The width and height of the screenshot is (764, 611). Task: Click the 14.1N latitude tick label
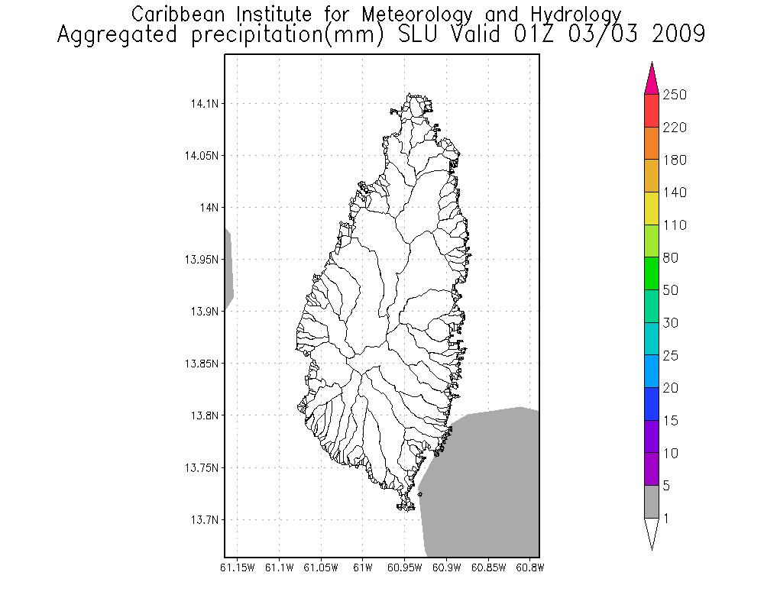coord(202,103)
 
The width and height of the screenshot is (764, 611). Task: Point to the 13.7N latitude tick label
coord(202,520)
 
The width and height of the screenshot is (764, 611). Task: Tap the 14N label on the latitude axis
coord(208,208)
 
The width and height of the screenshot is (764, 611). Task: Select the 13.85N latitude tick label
coord(200,364)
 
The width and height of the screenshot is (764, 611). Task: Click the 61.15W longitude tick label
coord(237,567)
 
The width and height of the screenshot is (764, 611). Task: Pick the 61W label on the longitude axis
coord(363,567)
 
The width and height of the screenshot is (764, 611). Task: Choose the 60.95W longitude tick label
coord(405,567)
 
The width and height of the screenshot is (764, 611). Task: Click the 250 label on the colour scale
coord(675,95)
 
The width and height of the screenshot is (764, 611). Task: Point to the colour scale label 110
coord(675,225)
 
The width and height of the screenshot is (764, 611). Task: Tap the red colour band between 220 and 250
coord(652,111)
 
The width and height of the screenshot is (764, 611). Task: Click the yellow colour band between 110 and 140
coord(652,209)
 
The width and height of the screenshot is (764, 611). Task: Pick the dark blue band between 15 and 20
coord(652,404)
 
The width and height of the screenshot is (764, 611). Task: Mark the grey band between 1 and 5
coord(652,502)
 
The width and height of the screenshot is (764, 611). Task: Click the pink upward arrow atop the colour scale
coord(652,79)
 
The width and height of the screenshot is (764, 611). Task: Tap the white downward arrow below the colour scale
coord(652,532)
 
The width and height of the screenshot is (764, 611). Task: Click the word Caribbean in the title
coord(179,14)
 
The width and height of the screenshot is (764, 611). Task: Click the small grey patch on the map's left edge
coord(228,267)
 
